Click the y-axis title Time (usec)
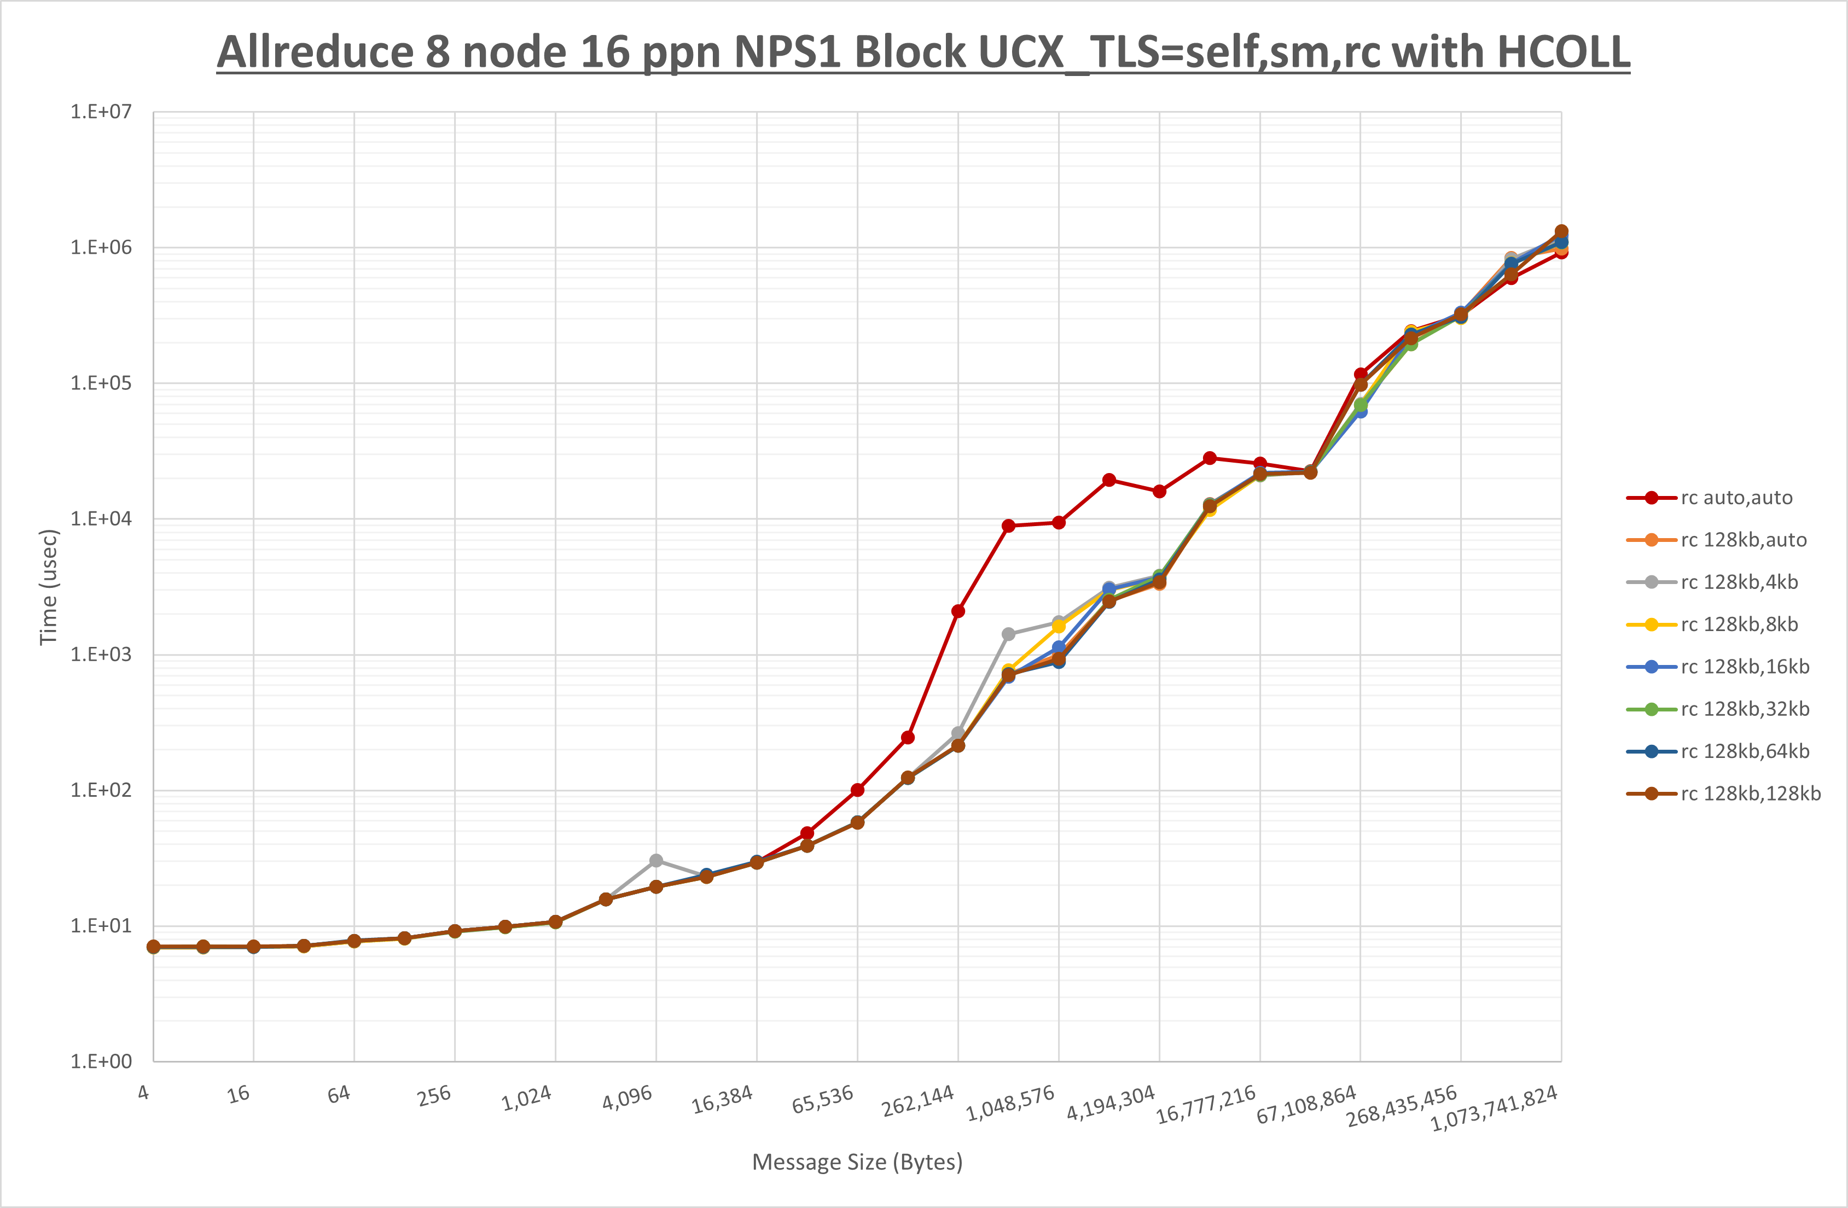[48, 587]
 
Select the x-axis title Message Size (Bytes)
[857, 1162]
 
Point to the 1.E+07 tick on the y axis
[101, 112]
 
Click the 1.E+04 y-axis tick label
[101, 518]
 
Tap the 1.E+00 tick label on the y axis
[101, 1061]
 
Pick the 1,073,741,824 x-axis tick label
[1494, 1108]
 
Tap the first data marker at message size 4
[154, 947]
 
